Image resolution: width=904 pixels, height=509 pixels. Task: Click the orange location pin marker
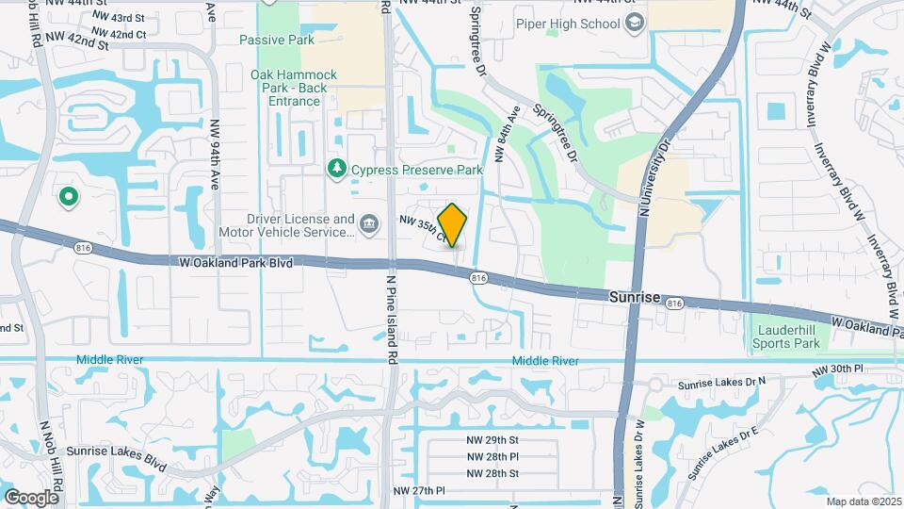pyautogui.click(x=453, y=224)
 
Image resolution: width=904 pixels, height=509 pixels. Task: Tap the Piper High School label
pyautogui.click(x=570, y=23)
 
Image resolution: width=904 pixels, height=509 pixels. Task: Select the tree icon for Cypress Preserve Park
pyautogui.click(x=336, y=169)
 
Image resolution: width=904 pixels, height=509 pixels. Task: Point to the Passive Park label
pyautogui.click(x=276, y=40)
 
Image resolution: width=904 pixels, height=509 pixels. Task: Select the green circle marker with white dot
pyautogui.click(x=68, y=197)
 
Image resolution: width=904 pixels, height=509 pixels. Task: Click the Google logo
pyautogui.click(x=30, y=497)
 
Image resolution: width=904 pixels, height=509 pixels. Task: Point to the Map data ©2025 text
pyautogui.click(x=864, y=501)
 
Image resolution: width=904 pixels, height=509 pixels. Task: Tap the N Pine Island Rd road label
pyautogui.click(x=389, y=320)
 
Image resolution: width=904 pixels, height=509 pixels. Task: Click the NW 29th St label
pyautogui.click(x=492, y=440)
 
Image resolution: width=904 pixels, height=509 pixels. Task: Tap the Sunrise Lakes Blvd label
pyautogui.click(x=116, y=452)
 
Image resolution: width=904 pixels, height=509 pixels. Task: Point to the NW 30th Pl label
pyautogui.click(x=837, y=368)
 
